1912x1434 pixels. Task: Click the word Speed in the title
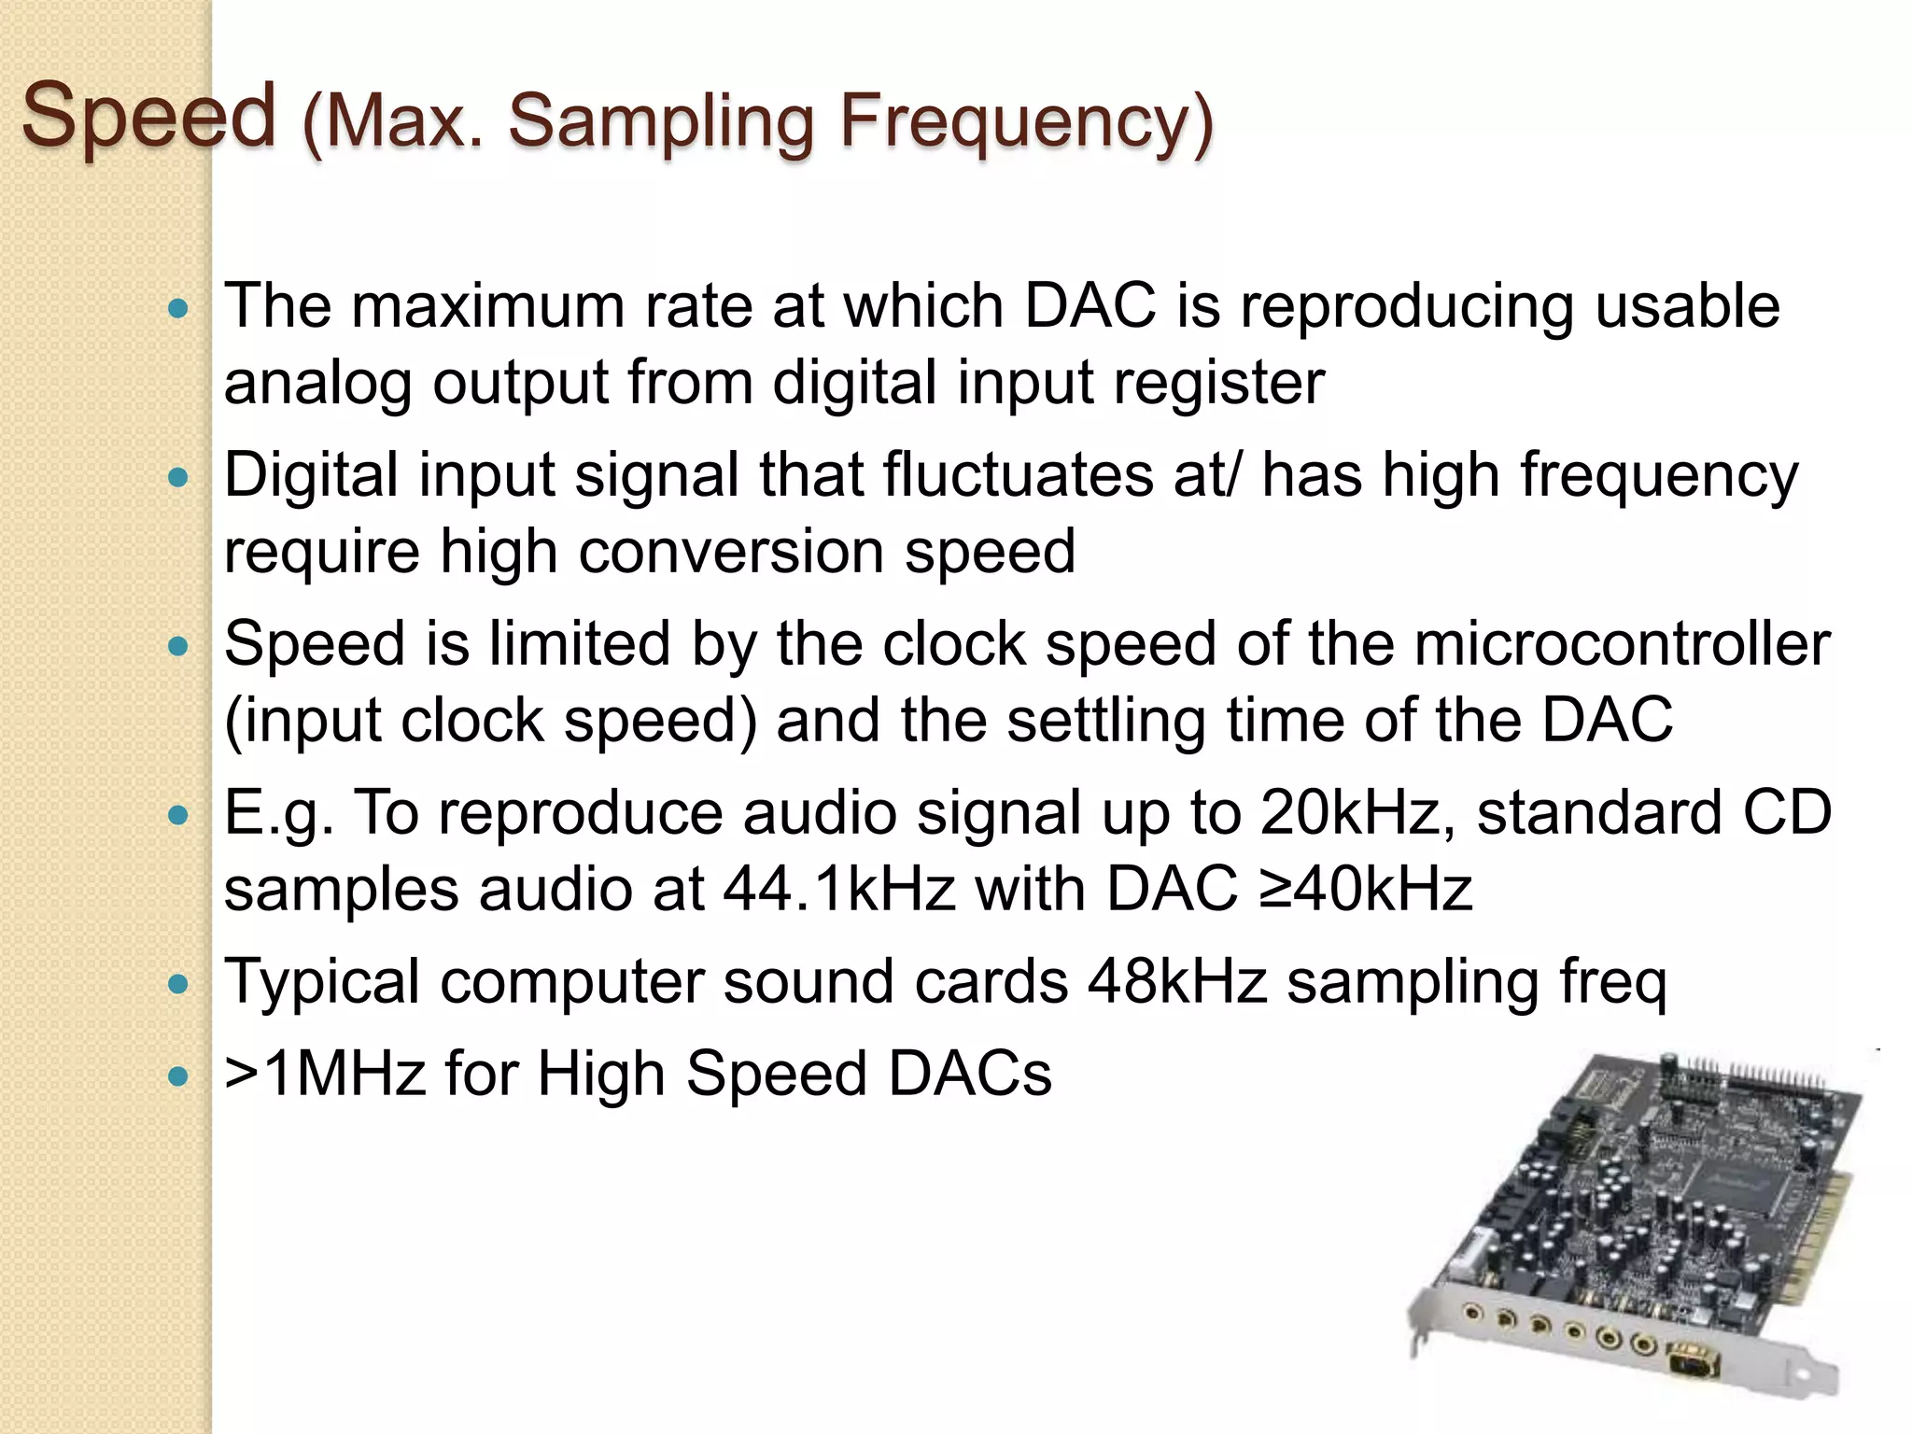[149, 117]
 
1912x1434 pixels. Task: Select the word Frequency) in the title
[1026, 123]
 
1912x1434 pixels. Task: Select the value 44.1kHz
[839, 889]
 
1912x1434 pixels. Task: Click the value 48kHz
[1177, 982]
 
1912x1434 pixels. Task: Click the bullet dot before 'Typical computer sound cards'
[177, 984]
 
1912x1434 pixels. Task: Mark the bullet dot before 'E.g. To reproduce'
[177, 815]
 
